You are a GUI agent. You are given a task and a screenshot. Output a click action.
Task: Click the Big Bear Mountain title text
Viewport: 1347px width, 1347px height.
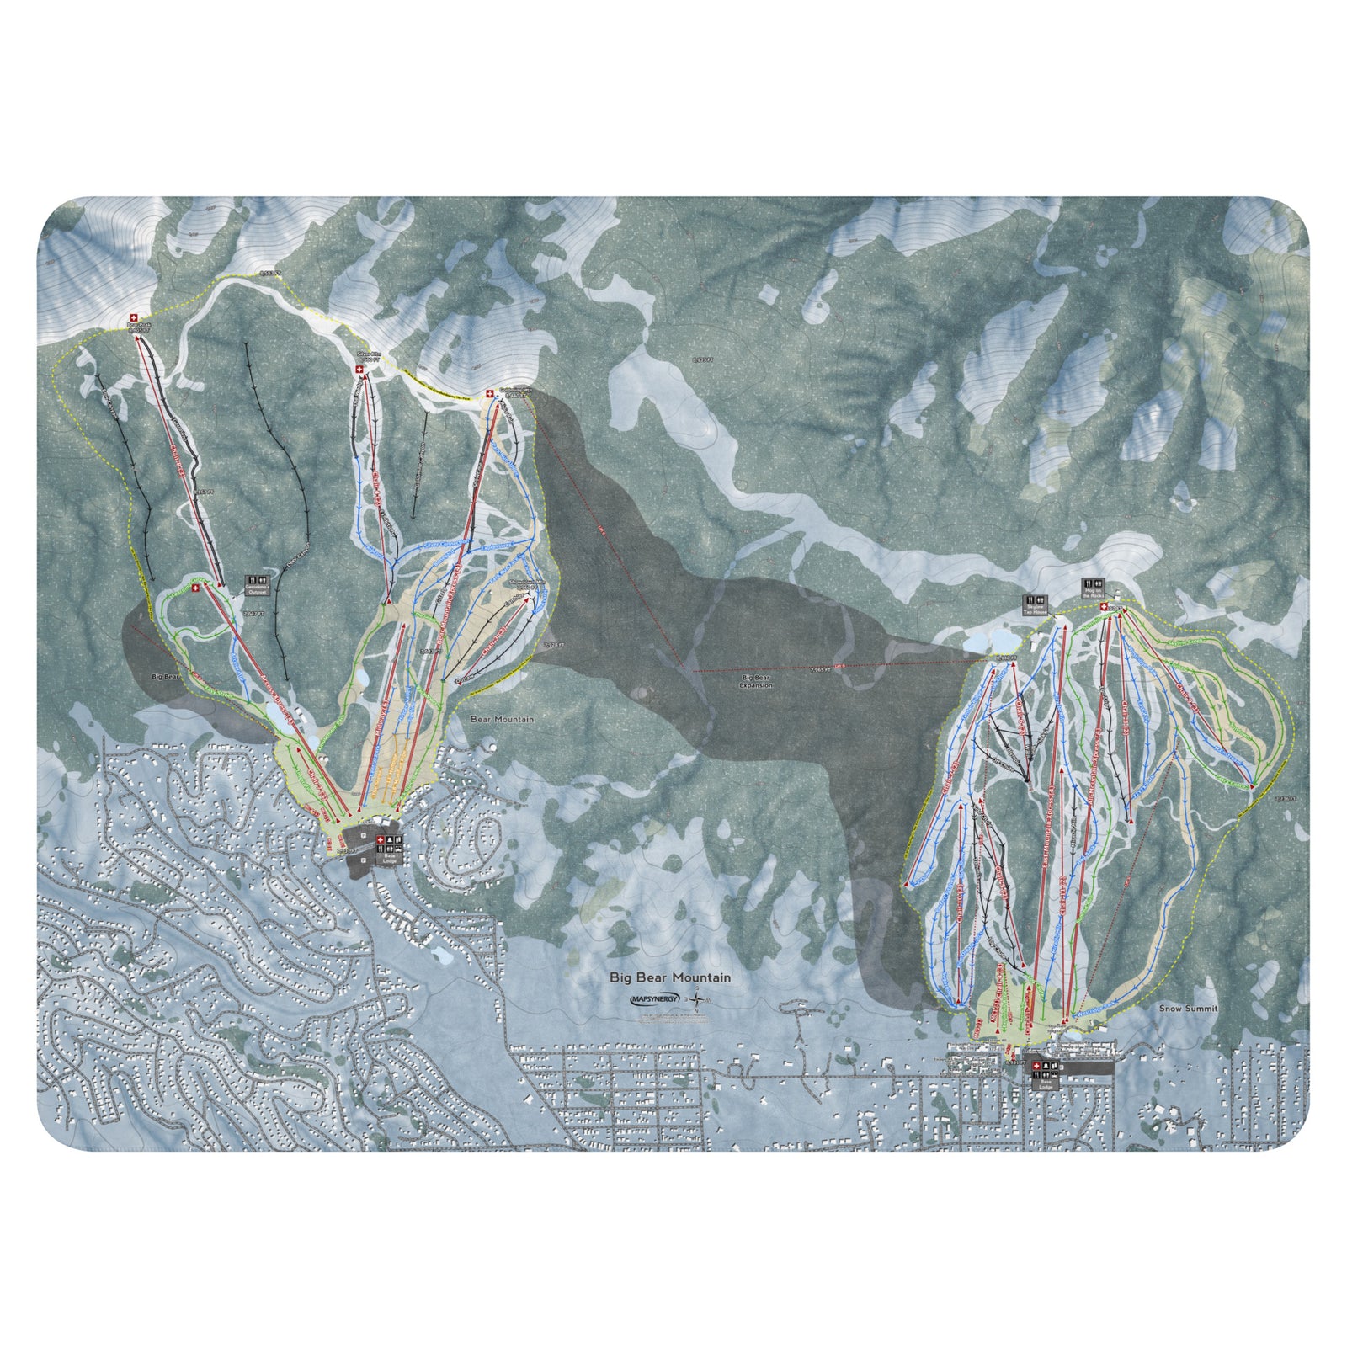[670, 978]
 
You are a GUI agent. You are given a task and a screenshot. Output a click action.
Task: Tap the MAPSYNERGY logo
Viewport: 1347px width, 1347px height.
[655, 999]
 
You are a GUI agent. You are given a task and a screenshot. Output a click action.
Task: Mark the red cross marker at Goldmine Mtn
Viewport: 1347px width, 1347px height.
[490, 394]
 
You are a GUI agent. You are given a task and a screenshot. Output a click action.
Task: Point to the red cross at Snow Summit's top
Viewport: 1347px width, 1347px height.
[1104, 606]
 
